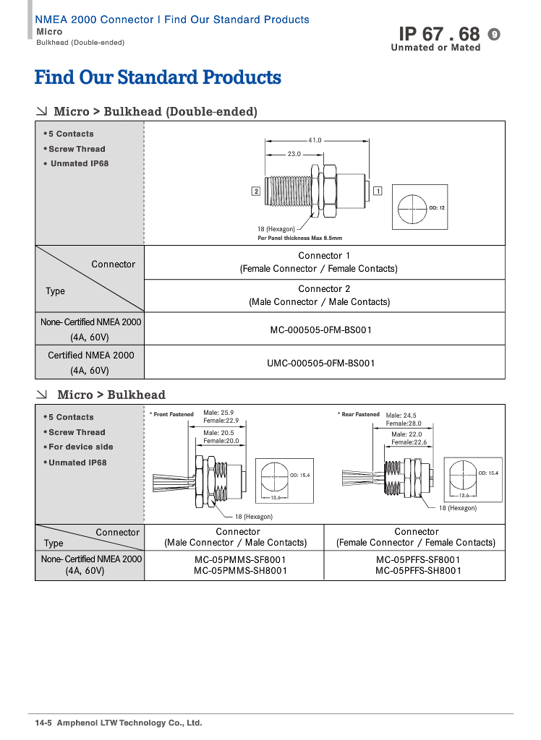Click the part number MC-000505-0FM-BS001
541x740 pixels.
321,330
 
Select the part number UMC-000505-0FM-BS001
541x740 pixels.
321,363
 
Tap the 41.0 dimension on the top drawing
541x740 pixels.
315,140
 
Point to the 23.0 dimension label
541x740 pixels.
294,155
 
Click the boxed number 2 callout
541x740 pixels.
256,191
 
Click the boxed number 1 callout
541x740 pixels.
378,191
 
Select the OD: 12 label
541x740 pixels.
437,208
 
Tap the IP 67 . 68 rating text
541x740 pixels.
439,34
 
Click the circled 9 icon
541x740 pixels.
495,34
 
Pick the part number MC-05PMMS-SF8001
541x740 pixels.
241,559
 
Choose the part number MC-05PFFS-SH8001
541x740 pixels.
417,570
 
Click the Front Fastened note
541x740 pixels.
173,415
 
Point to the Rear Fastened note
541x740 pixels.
359,415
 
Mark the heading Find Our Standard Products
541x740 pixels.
158,77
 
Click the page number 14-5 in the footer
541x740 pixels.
43,723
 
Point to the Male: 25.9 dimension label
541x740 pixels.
218,412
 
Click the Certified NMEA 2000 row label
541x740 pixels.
90,356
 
